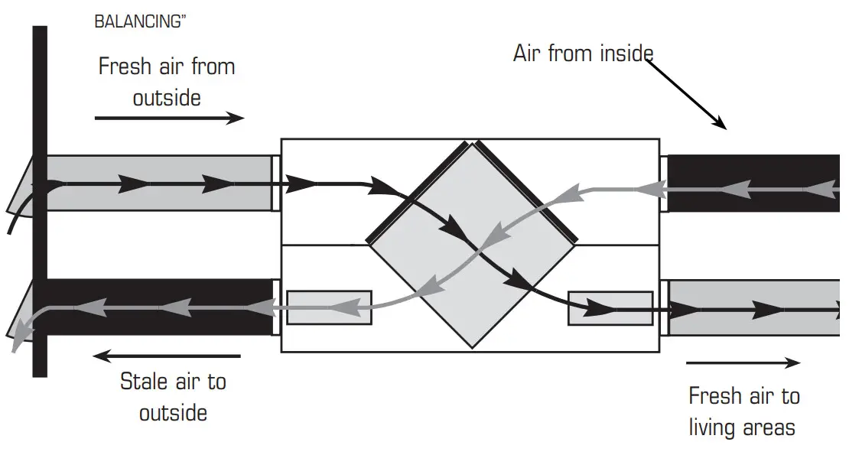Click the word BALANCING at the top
[x=136, y=21]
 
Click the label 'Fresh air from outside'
[x=167, y=83]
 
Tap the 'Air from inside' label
[x=584, y=54]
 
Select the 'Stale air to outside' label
[x=174, y=396]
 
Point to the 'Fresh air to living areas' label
[x=743, y=411]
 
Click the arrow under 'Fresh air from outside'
[x=169, y=118]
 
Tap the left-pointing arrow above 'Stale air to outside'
[x=166, y=356]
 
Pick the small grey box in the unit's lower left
[x=329, y=307]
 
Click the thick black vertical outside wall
[x=40, y=229]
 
